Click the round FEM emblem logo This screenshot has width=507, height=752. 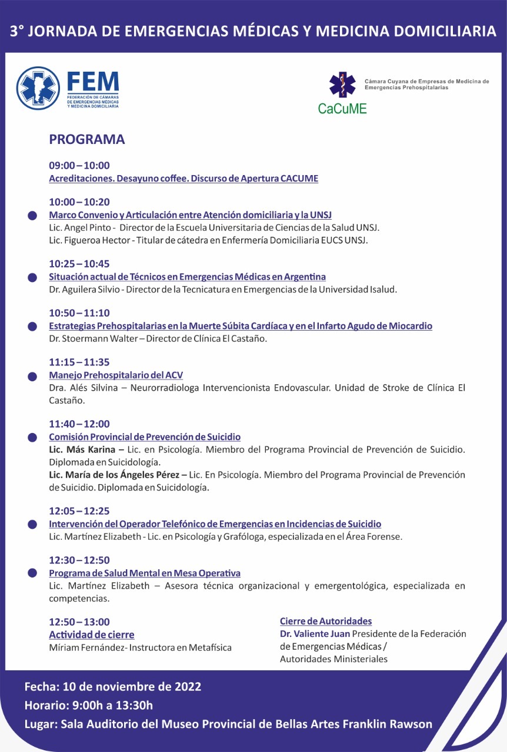click(x=38, y=88)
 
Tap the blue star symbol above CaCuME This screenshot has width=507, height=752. click(x=342, y=84)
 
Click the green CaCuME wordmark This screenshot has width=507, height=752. click(x=342, y=108)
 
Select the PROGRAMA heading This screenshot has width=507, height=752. click(x=87, y=139)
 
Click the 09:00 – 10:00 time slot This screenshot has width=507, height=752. click(x=79, y=166)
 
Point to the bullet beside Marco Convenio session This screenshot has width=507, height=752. click(x=33, y=216)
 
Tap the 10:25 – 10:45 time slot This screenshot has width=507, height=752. click(x=79, y=264)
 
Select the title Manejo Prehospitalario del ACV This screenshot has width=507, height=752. click(x=116, y=375)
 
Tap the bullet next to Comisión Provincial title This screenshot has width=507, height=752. click(x=33, y=437)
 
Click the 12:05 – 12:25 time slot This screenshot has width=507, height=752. click(x=79, y=511)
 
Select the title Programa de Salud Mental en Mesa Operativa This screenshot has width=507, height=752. click(x=145, y=573)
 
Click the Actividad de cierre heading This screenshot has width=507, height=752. click(x=92, y=634)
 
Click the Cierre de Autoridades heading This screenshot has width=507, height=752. click(x=326, y=621)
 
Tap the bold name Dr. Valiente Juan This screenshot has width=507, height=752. click(x=315, y=634)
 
